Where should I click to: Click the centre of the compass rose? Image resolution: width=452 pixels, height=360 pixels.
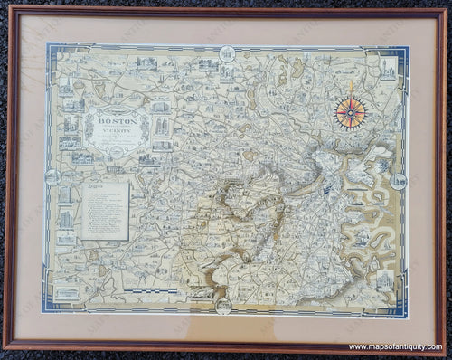tap(350, 112)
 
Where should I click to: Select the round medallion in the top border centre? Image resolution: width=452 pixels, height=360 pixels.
tap(227, 49)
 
